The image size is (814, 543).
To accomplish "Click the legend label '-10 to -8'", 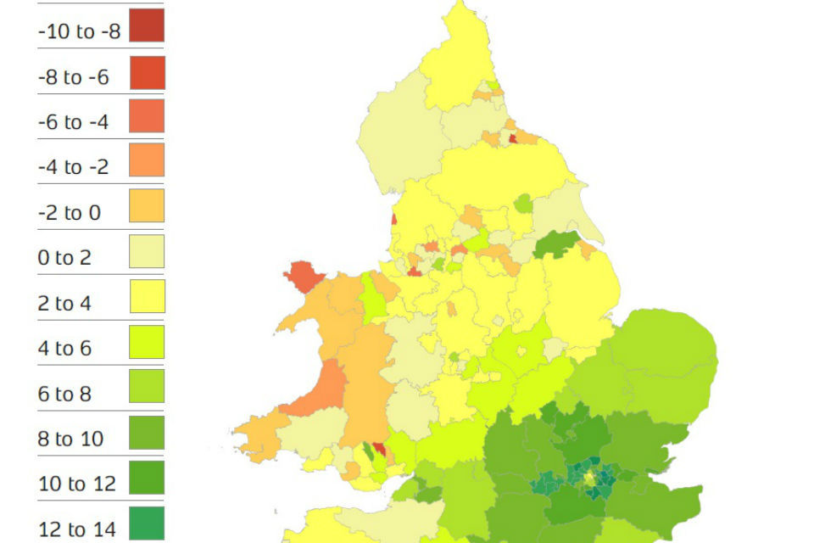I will tap(79, 32).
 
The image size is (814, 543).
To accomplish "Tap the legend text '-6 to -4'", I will tap(73, 122).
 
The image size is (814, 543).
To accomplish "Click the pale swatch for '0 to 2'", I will tap(147, 251).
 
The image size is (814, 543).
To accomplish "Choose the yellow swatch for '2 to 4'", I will tap(147, 296).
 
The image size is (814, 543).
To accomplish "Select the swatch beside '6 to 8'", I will tap(147, 387).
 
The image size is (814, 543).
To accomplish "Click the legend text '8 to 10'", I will tap(70, 439).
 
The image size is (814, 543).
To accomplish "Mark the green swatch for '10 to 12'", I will tap(147, 478).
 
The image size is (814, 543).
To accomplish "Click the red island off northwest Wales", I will tap(304, 277).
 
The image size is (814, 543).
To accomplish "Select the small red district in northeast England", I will tap(512, 138).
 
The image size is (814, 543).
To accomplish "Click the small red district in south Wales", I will tap(377, 448).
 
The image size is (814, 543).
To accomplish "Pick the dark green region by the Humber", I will tap(556, 244).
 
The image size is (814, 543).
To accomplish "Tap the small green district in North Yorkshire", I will tap(523, 204).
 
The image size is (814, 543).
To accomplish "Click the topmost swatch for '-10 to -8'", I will tap(147, 25).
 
